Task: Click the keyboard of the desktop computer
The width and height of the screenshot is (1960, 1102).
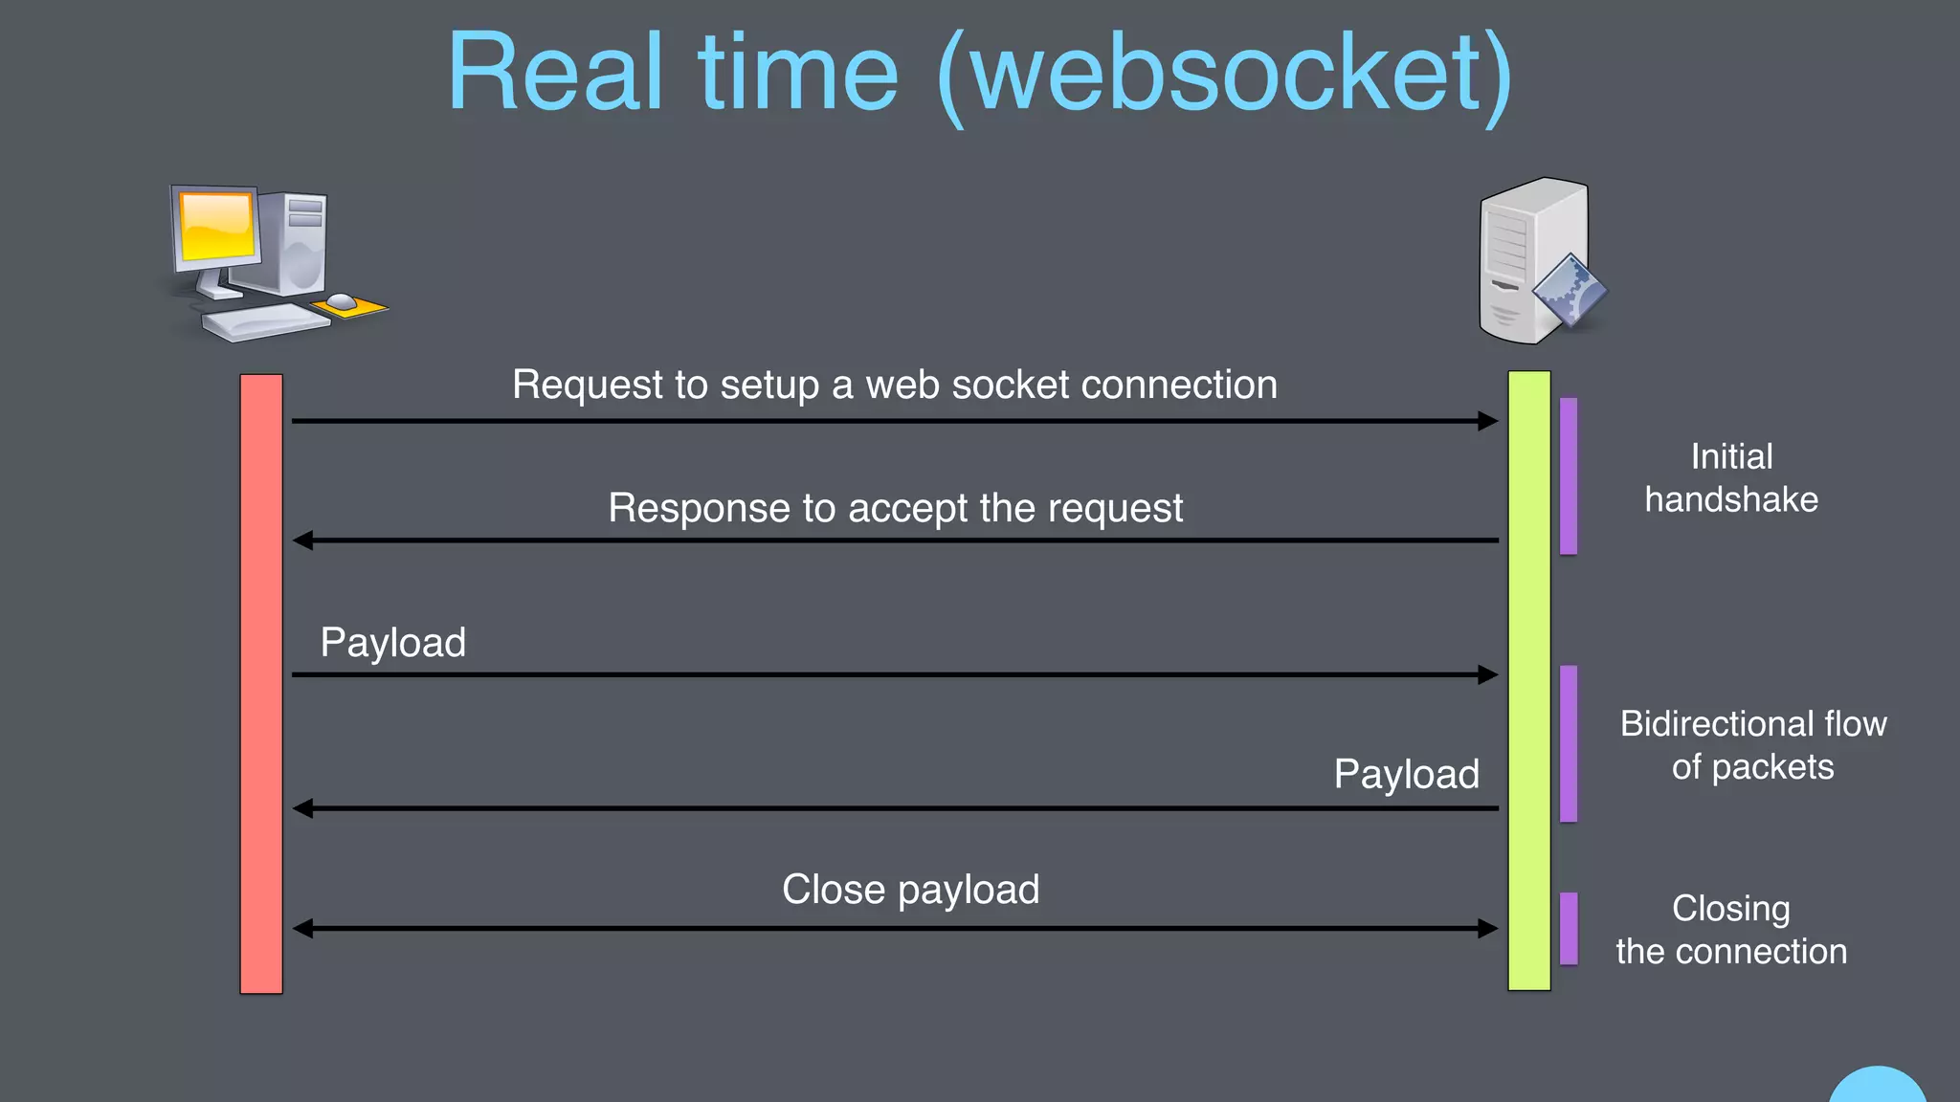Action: pos(265,322)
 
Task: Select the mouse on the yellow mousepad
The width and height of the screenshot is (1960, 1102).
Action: pos(342,302)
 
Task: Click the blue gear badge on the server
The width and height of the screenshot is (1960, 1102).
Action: pos(1569,293)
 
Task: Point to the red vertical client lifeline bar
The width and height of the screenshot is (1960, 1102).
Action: pos(260,684)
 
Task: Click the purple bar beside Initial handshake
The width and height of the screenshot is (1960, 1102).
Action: pos(1569,476)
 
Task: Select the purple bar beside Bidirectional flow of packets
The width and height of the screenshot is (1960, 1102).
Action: pos(1569,743)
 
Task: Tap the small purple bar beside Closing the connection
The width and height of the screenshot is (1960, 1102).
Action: pos(1569,928)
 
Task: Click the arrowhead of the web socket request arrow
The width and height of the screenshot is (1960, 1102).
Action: pos(1487,421)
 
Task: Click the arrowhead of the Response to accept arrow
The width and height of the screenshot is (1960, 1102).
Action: pos(303,540)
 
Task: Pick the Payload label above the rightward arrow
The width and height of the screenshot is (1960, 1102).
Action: pos(392,642)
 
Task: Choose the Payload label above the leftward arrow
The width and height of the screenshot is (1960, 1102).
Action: pos(1406,774)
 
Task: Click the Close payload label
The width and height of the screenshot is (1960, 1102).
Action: pos(910,890)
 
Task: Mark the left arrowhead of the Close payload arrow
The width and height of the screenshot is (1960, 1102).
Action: pos(303,928)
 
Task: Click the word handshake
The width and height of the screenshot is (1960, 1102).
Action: pos(1730,499)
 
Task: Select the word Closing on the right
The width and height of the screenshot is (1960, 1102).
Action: pos(1730,908)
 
